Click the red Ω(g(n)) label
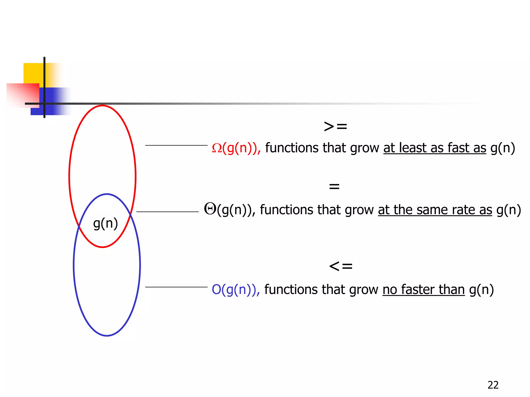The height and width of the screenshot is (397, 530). (x=236, y=148)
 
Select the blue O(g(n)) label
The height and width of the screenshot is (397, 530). (x=235, y=289)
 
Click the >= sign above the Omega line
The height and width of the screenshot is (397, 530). (x=335, y=127)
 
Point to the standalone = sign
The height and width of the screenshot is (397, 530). (x=334, y=186)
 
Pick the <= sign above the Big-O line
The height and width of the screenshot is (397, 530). (x=341, y=266)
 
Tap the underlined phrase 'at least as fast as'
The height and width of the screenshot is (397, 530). (x=435, y=148)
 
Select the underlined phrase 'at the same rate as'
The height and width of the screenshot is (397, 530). (x=435, y=210)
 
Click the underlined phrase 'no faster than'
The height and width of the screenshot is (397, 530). (x=423, y=289)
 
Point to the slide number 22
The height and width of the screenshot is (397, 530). (x=493, y=385)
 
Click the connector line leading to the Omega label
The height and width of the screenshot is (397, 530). (x=176, y=145)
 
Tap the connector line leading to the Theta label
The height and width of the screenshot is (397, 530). (x=167, y=212)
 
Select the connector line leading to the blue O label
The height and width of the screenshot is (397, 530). (x=176, y=287)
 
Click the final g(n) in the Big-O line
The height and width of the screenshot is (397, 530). (x=481, y=289)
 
